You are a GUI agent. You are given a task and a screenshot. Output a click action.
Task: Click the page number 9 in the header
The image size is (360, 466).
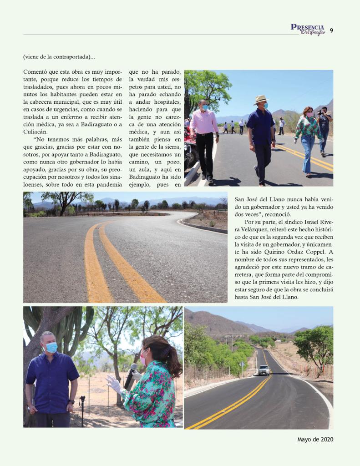pos(331,30)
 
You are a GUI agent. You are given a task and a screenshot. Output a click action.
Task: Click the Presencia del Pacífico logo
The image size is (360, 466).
pos(308,29)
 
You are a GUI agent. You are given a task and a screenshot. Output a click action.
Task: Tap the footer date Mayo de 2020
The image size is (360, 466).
pos(315,440)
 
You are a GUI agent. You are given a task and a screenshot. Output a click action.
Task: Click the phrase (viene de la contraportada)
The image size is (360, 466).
pos(59,57)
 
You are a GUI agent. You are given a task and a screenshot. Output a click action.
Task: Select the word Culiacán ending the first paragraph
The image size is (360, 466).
pos(35,132)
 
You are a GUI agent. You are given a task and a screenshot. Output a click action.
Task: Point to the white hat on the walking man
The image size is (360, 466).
pos(261,99)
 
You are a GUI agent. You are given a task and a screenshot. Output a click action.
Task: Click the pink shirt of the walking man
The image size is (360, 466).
pos(204,122)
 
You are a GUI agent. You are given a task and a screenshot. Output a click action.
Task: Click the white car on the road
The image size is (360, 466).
pos(264,370)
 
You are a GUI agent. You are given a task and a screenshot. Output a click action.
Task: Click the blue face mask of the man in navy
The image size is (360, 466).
pos(52,348)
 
